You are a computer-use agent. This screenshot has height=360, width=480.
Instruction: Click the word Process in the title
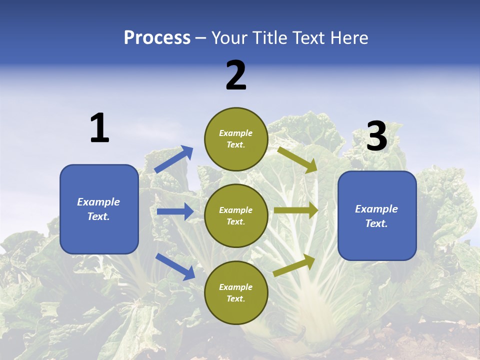point(157,37)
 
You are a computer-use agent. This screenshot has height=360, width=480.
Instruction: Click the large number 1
point(99,128)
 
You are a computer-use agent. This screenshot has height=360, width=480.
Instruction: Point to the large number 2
point(236,76)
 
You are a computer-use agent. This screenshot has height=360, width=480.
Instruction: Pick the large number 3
point(376,136)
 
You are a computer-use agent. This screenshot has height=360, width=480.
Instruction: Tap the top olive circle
point(236,139)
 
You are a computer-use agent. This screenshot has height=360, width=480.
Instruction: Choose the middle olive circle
point(236,216)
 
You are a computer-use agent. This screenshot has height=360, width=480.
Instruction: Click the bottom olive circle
point(236,293)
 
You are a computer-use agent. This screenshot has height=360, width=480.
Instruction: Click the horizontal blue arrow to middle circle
point(175,211)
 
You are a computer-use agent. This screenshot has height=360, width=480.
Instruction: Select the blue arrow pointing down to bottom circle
point(175,266)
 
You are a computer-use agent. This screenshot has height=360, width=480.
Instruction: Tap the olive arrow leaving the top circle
point(297,159)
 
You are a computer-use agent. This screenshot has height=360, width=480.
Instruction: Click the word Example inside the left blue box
point(98,202)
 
